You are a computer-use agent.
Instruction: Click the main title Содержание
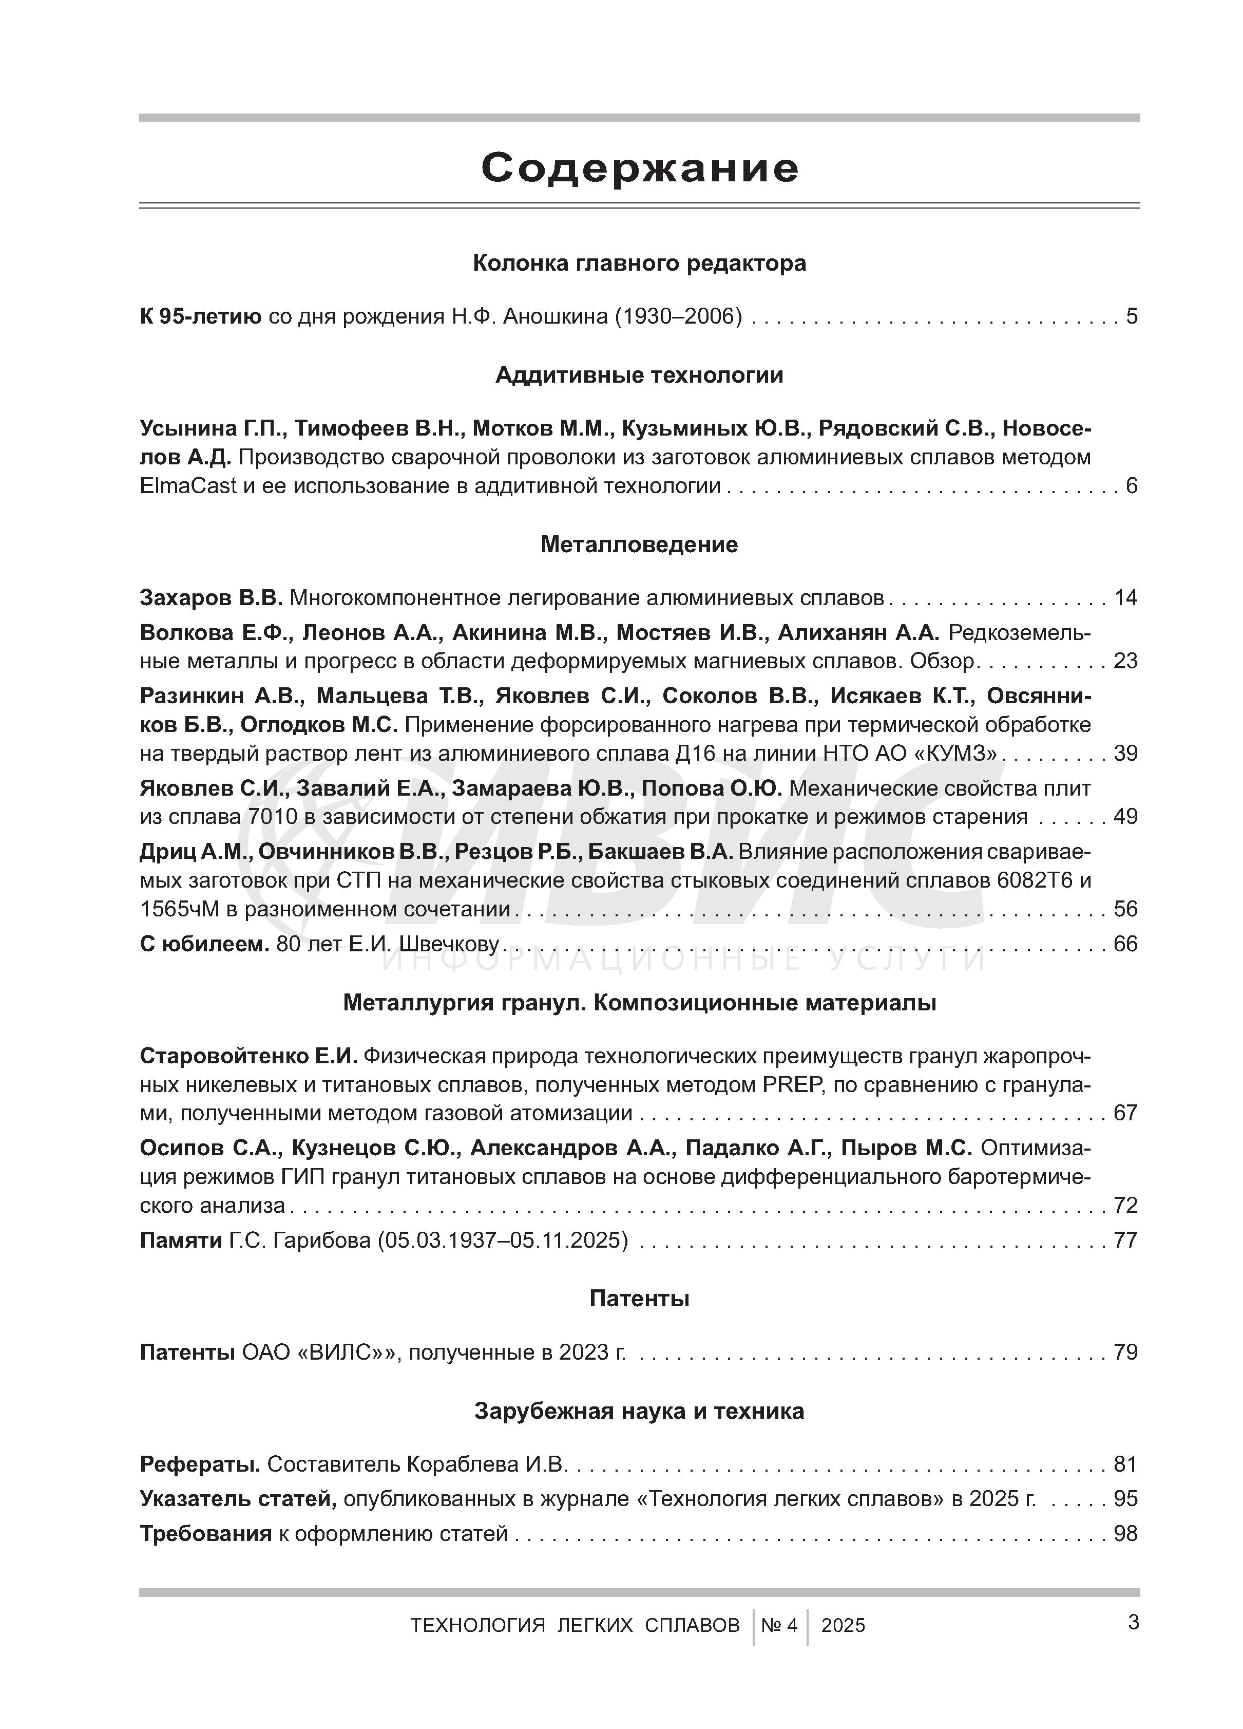pos(639,168)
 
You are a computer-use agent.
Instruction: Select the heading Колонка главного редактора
pos(639,263)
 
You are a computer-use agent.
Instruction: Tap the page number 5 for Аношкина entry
pos(1131,315)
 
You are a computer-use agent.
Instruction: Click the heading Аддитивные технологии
pos(639,375)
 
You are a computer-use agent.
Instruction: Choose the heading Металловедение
pos(639,544)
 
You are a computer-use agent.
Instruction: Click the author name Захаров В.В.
pos(211,598)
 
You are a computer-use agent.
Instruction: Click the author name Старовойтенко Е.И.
pos(247,1056)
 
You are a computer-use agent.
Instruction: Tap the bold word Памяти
pos(181,1241)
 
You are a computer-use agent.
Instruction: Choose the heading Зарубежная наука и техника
pos(639,1411)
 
